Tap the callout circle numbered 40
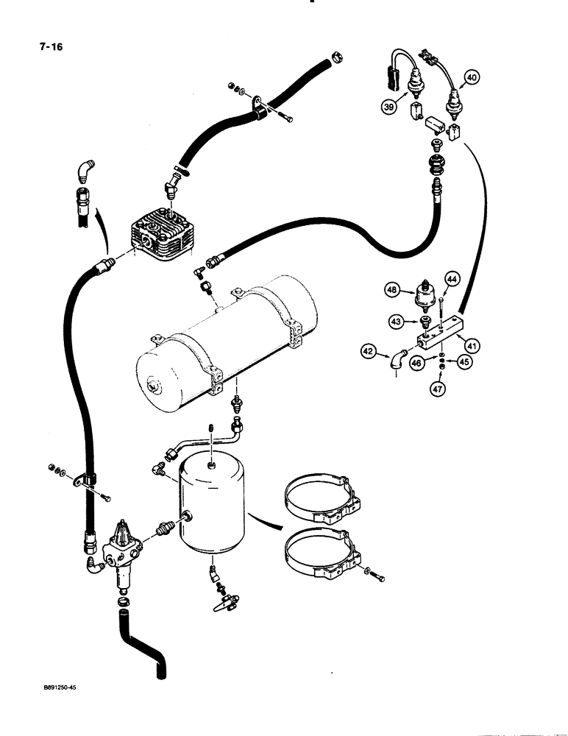click(x=471, y=76)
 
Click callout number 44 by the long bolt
click(x=452, y=279)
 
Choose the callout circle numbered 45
click(x=464, y=361)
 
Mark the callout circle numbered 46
click(x=418, y=364)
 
